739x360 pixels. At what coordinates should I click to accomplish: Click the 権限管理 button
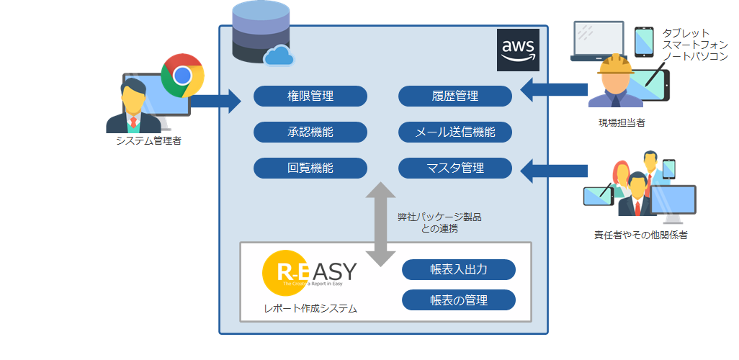click(310, 96)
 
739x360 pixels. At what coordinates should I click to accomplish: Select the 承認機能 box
click(310, 132)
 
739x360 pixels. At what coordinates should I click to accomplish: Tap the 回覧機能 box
click(310, 168)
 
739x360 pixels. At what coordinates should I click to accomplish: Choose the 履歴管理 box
click(454, 96)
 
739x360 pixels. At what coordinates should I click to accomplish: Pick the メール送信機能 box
click(454, 132)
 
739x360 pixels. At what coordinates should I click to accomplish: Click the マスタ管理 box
click(454, 168)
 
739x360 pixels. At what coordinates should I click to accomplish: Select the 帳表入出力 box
click(459, 270)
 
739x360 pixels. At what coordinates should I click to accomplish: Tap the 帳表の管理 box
click(459, 300)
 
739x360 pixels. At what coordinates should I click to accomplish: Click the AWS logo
click(518, 51)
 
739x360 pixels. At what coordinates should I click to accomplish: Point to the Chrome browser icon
click(182, 75)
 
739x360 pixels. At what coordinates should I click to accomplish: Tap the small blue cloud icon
click(279, 56)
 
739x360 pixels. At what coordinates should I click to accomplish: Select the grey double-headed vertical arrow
click(381, 224)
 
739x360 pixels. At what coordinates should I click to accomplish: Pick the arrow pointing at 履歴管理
click(553, 90)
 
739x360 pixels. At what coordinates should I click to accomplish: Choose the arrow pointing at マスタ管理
click(553, 171)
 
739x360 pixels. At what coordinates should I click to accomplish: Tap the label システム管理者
click(148, 141)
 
